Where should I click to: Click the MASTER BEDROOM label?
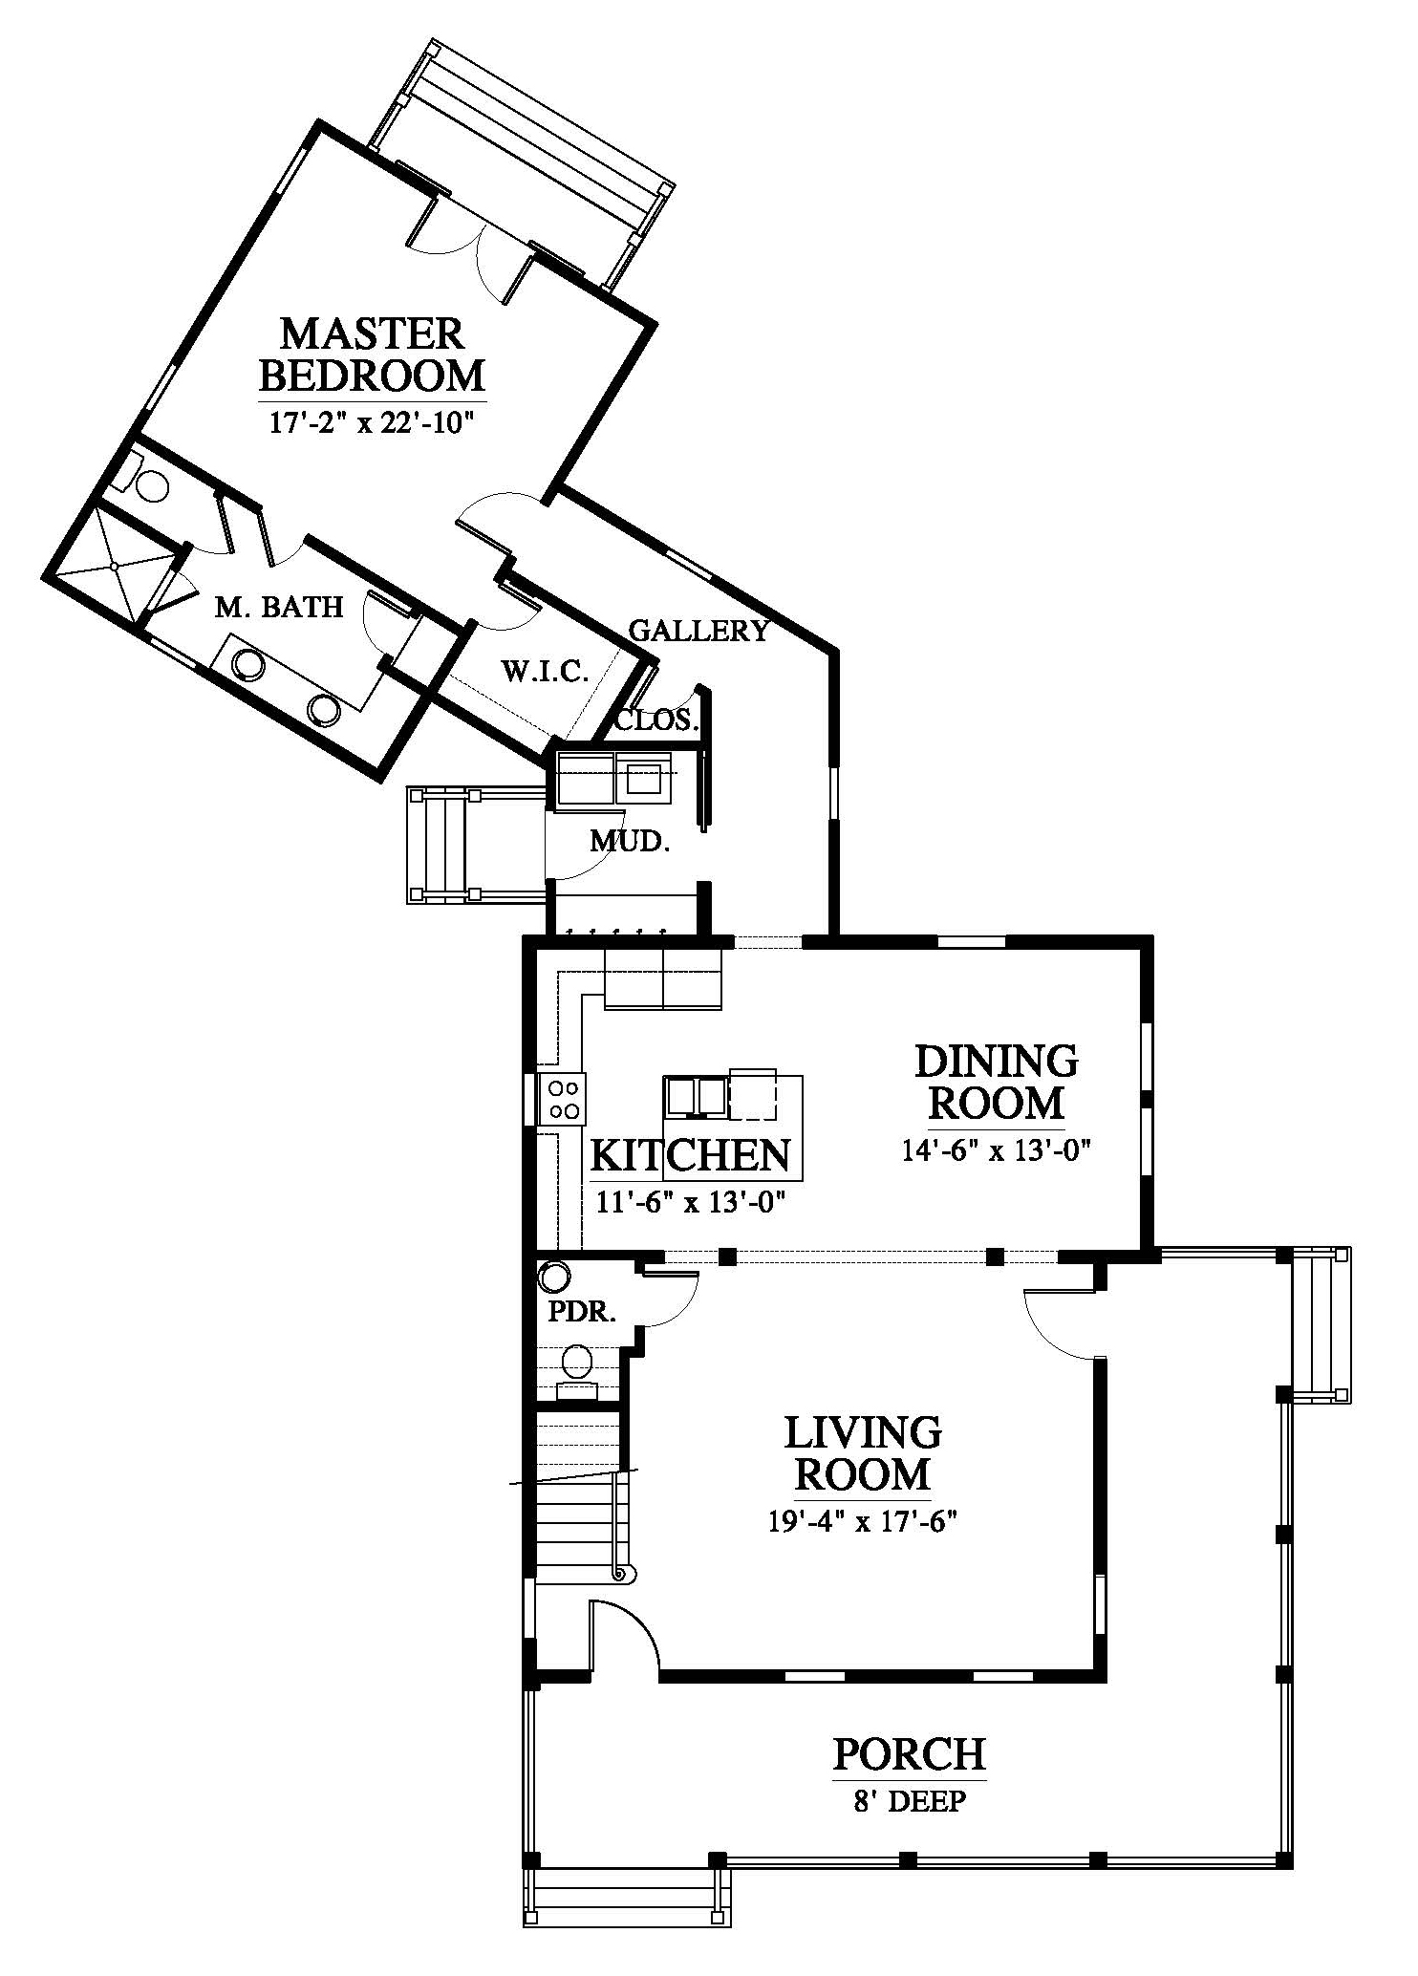coord(372,354)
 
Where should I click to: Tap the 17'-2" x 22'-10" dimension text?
coord(372,422)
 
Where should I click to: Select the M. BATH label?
coord(278,607)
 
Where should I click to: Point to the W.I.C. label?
coord(545,672)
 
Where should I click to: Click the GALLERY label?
coord(698,631)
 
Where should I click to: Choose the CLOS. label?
coord(656,720)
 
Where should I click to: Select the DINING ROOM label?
coord(997,1082)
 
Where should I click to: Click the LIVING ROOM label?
coord(863,1453)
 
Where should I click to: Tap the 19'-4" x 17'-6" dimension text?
coord(863,1521)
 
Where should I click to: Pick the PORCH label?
coord(909,1753)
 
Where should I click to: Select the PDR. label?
coord(580,1312)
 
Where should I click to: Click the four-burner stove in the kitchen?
coord(562,1099)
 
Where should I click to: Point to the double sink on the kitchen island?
coord(697,1096)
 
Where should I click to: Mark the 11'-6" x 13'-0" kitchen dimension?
coord(691,1202)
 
